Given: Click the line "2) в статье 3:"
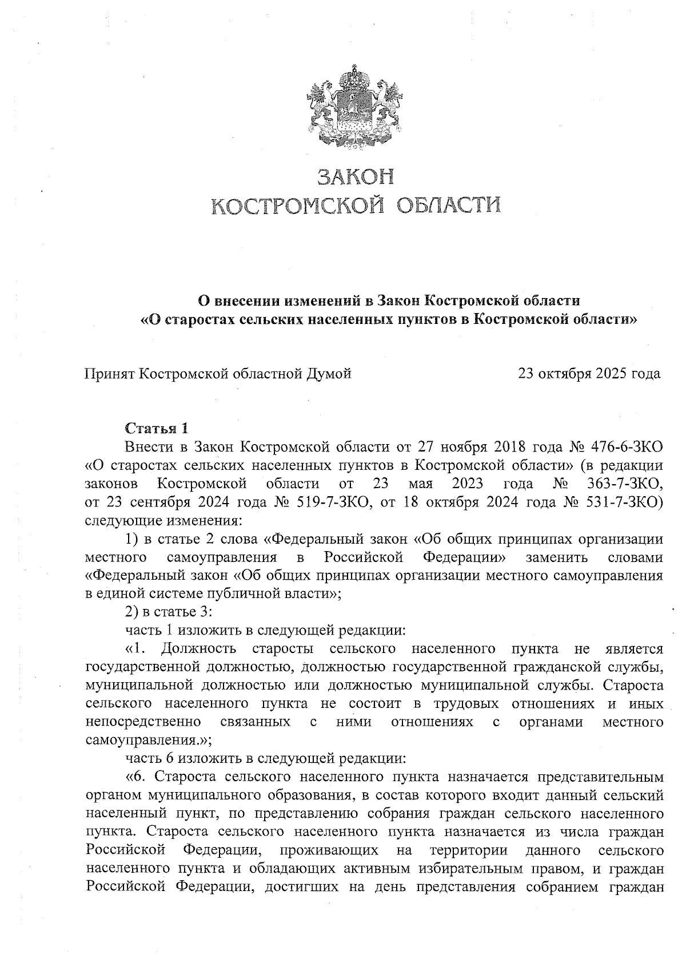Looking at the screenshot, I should (169, 612).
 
